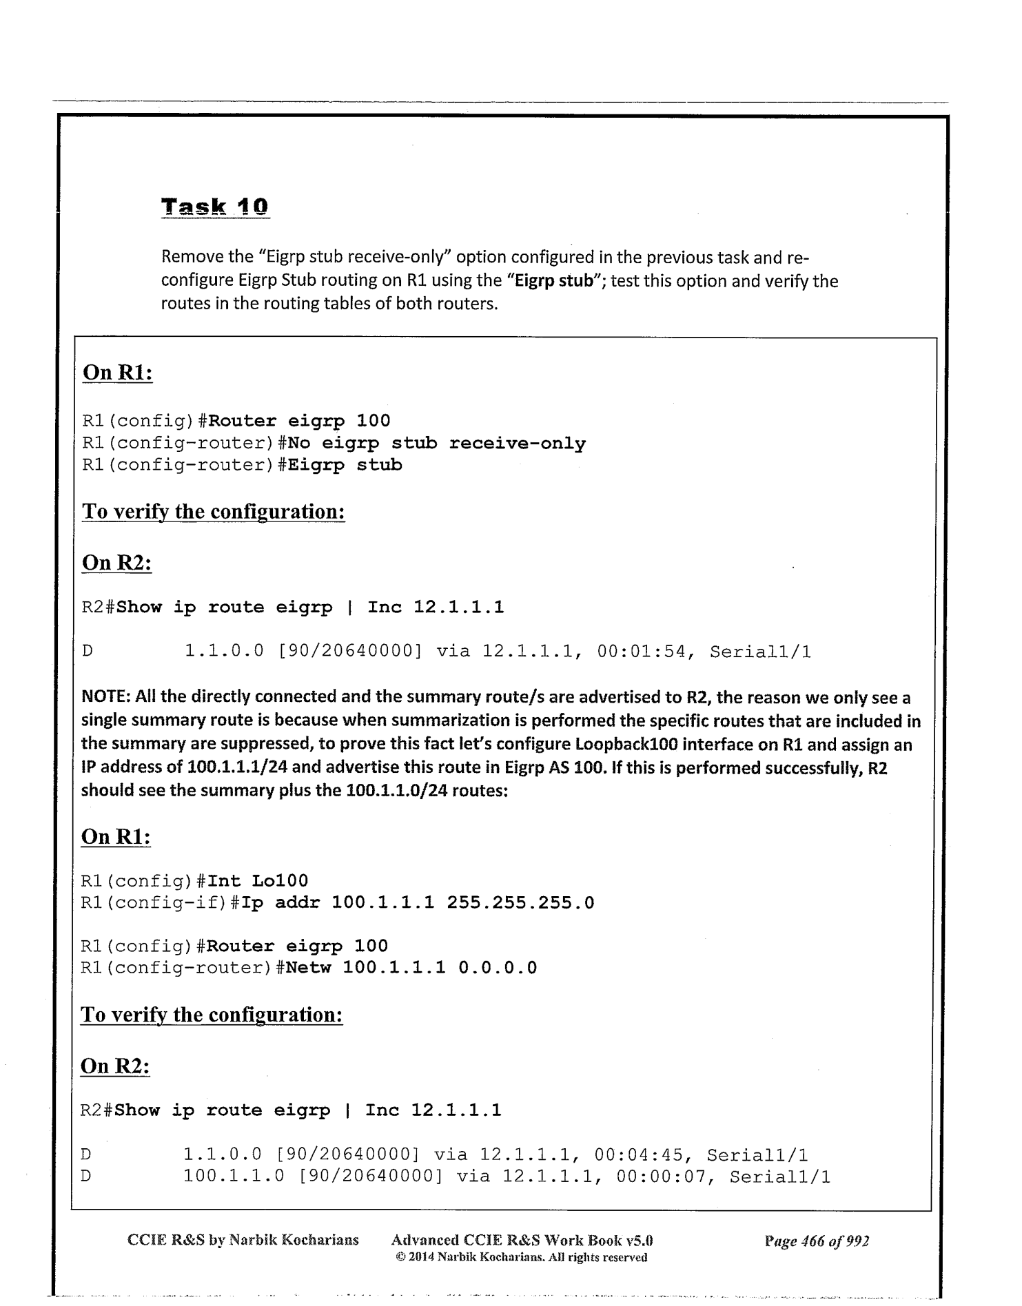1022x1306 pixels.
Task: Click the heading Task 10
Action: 215,207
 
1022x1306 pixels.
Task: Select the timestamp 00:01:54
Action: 644,652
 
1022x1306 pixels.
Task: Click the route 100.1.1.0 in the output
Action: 234,1177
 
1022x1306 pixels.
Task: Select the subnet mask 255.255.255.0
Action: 520,902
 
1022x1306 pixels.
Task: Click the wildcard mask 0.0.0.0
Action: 498,968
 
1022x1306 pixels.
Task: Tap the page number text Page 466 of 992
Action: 817,1241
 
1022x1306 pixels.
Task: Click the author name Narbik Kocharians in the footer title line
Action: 294,1241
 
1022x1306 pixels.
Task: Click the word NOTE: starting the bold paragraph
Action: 106,698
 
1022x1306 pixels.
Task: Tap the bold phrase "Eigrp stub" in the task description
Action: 555,281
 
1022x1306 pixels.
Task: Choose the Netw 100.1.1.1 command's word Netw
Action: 308,968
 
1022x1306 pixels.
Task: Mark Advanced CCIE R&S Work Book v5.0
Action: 522,1241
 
